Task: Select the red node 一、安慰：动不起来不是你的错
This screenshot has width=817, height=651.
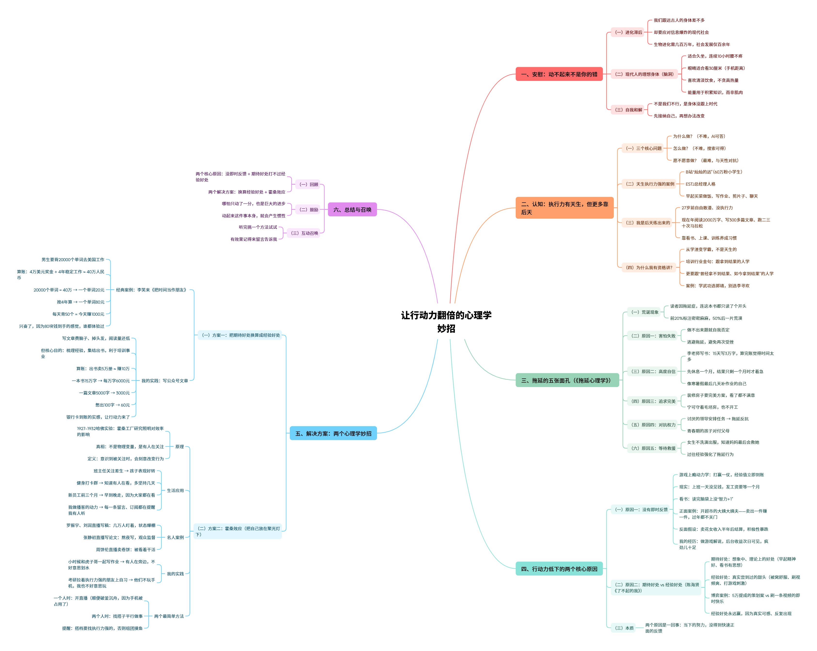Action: point(559,74)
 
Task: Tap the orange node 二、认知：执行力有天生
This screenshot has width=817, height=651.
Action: point(564,208)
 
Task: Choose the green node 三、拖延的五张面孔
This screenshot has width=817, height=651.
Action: point(567,380)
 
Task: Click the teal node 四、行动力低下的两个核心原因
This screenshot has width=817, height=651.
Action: point(559,569)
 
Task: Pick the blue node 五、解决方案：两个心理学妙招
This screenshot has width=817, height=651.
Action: point(333,433)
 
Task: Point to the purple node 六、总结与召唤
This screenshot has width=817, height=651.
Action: point(352,210)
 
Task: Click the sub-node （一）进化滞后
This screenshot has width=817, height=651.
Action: point(628,33)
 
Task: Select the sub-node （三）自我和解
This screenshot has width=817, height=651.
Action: point(628,110)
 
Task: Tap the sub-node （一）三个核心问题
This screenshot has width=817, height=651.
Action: point(644,149)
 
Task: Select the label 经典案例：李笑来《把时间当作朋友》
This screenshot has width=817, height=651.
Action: point(152,290)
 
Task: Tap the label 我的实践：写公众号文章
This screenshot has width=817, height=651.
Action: point(165,381)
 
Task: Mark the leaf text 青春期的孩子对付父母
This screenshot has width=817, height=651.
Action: point(708,431)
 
